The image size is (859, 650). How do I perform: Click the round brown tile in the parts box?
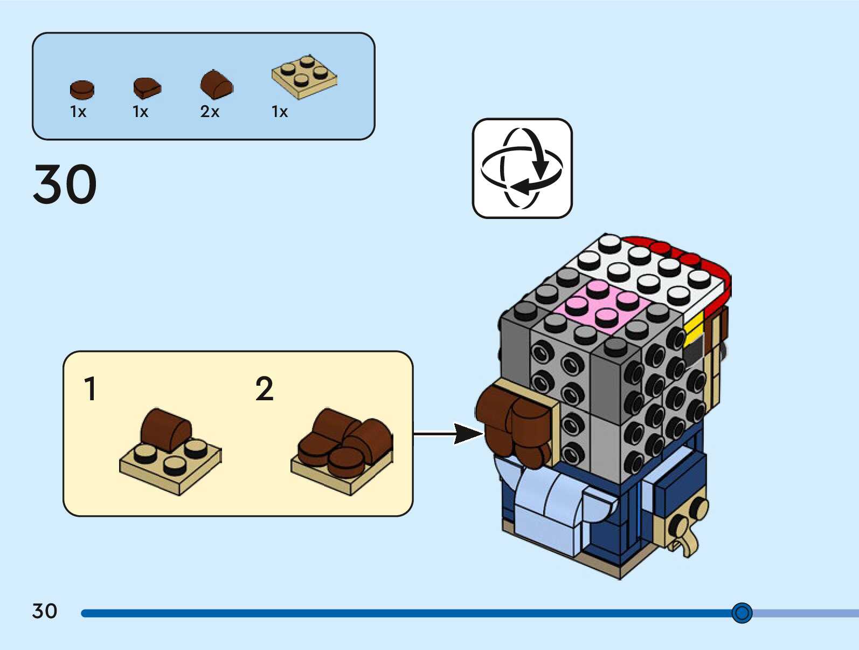click(82, 90)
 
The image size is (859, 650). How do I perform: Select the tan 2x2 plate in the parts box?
click(304, 77)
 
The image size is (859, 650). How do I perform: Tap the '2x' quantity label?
click(210, 112)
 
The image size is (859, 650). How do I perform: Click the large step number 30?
click(65, 184)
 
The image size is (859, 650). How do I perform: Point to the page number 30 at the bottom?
click(45, 611)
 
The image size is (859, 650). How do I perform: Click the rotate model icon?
click(522, 168)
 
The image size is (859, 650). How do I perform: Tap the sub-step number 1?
click(90, 389)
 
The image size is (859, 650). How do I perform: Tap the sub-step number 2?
click(264, 389)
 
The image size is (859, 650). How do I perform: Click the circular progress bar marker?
click(742, 613)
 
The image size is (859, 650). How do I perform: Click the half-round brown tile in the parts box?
click(147, 88)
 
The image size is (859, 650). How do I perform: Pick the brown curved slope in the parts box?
click(217, 85)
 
